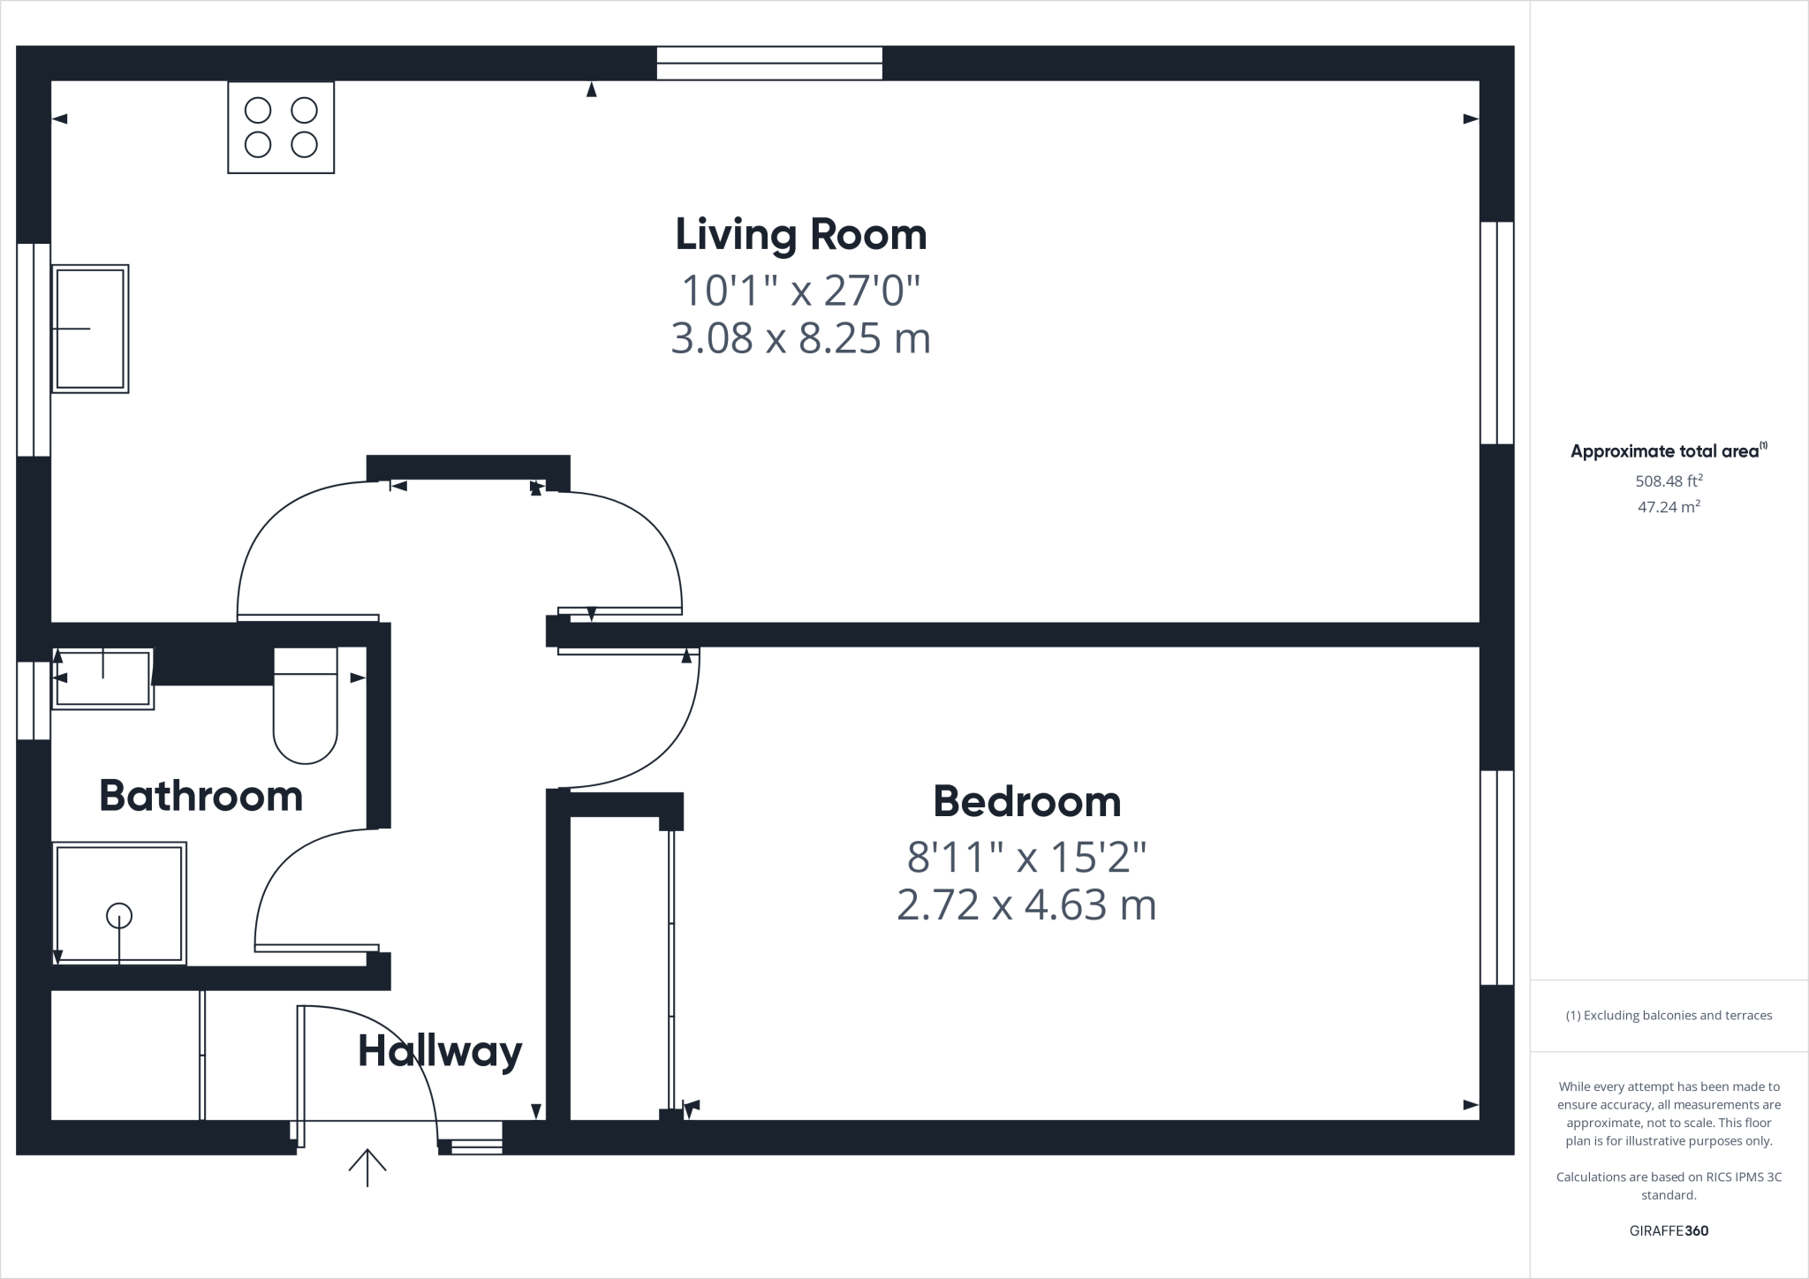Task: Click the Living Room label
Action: [800, 235]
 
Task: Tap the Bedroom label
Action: [1026, 802]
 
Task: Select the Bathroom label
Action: [201, 797]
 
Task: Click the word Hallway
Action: [440, 1051]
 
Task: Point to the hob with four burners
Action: [281, 127]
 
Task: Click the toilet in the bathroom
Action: [305, 707]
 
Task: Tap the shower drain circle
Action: [119, 916]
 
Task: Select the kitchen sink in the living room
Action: [90, 329]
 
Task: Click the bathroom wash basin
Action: [102, 678]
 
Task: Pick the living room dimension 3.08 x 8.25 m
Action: [800, 339]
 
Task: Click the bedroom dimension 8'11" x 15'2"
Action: [1026, 856]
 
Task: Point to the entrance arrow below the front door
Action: [367, 1168]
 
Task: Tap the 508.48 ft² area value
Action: [1669, 481]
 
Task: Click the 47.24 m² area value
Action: [1669, 507]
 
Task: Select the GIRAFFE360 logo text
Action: [1669, 1230]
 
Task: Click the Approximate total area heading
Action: [1665, 451]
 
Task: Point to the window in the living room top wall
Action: [769, 64]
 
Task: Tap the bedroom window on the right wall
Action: [1497, 877]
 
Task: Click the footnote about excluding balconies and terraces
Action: [1669, 1016]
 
